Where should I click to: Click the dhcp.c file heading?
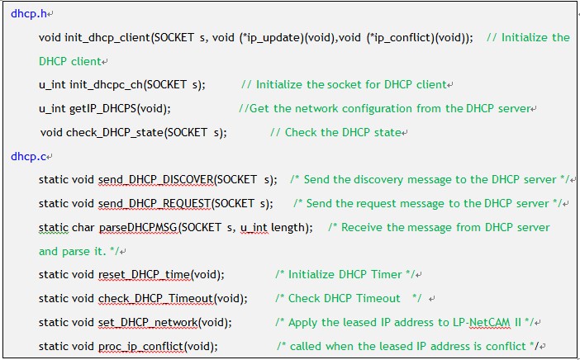(x=28, y=156)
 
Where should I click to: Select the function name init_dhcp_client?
(x=107, y=38)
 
